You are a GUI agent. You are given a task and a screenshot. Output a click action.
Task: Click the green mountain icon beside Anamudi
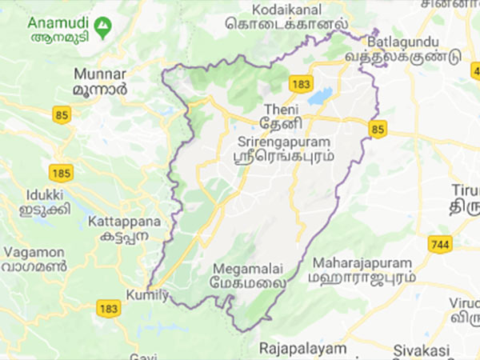102,30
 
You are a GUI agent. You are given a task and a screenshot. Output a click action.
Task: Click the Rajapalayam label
303,349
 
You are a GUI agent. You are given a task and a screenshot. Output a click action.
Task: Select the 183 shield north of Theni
301,84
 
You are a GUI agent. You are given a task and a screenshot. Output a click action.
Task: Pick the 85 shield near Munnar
61,115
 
